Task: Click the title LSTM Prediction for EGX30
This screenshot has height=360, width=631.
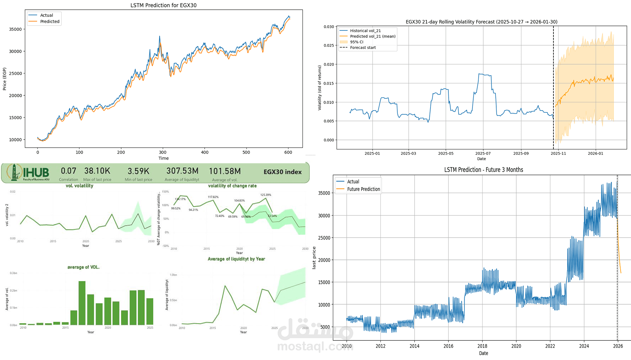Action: tap(163, 5)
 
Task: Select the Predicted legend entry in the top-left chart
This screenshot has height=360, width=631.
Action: tap(49, 22)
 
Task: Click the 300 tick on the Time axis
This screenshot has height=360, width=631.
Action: tap(163, 152)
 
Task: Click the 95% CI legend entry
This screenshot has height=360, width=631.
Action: tap(356, 42)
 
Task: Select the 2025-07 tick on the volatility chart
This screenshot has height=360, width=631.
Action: tap(483, 153)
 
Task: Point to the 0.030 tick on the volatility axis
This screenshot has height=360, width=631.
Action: tap(328, 27)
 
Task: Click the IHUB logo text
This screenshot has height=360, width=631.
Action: tap(36, 173)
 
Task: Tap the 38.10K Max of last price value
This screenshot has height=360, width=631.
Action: tap(97, 171)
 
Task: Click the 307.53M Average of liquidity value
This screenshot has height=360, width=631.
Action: tap(182, 171)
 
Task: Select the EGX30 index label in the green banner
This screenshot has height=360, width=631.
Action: tap(282, 172)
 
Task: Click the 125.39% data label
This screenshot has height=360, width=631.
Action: tap(266, 194)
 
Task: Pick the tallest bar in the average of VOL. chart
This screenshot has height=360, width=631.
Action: tap(82, 302)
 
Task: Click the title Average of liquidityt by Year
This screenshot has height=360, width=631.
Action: tap(236, 259)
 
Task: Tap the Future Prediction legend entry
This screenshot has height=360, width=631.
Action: tap(363, 189)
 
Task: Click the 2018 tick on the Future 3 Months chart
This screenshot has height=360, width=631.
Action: tap(482, 346)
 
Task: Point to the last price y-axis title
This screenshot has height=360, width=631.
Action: tap(314, 258)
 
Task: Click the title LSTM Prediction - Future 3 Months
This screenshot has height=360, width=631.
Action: tap(483, 170)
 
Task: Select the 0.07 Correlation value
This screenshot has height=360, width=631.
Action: tap(69, 171)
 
